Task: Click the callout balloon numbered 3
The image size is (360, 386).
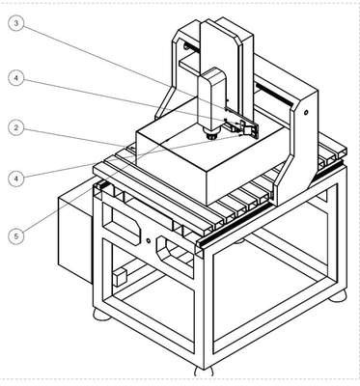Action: tap(15, 23)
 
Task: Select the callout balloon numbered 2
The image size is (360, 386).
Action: tap(15, 127)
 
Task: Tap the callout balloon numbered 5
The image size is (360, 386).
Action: tap(15, 236)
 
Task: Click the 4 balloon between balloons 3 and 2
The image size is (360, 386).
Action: tap(15, 78)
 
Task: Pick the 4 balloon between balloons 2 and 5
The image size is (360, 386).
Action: tap(15, 178)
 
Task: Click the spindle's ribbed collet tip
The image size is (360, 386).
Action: tap(211, 136)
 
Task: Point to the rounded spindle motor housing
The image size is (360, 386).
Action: tap(211, 99)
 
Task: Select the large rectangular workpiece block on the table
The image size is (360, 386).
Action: tap(209, 161)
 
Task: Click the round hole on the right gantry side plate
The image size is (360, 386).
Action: tap(306, 112)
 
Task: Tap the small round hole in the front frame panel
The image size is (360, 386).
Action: tap(149, 240)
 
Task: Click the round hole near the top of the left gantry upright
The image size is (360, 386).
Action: tap(185, 46)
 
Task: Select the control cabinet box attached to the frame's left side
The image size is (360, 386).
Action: tap(75, 238)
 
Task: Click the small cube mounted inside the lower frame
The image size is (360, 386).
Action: tap(120, 277)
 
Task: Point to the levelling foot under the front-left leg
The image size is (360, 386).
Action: tap(101, 314)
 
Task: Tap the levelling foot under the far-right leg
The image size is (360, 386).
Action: tap(338, 296)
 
